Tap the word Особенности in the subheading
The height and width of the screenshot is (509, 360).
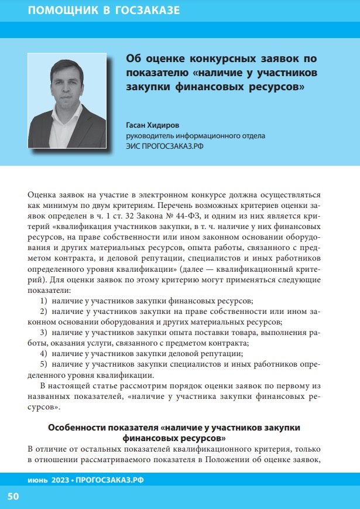[x=77, y=427]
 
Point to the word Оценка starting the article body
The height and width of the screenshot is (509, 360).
[x=43, y=194]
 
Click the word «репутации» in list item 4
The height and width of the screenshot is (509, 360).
[x=222, y=354]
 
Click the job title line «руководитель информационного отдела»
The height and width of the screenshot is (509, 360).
[x=196, y=136]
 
